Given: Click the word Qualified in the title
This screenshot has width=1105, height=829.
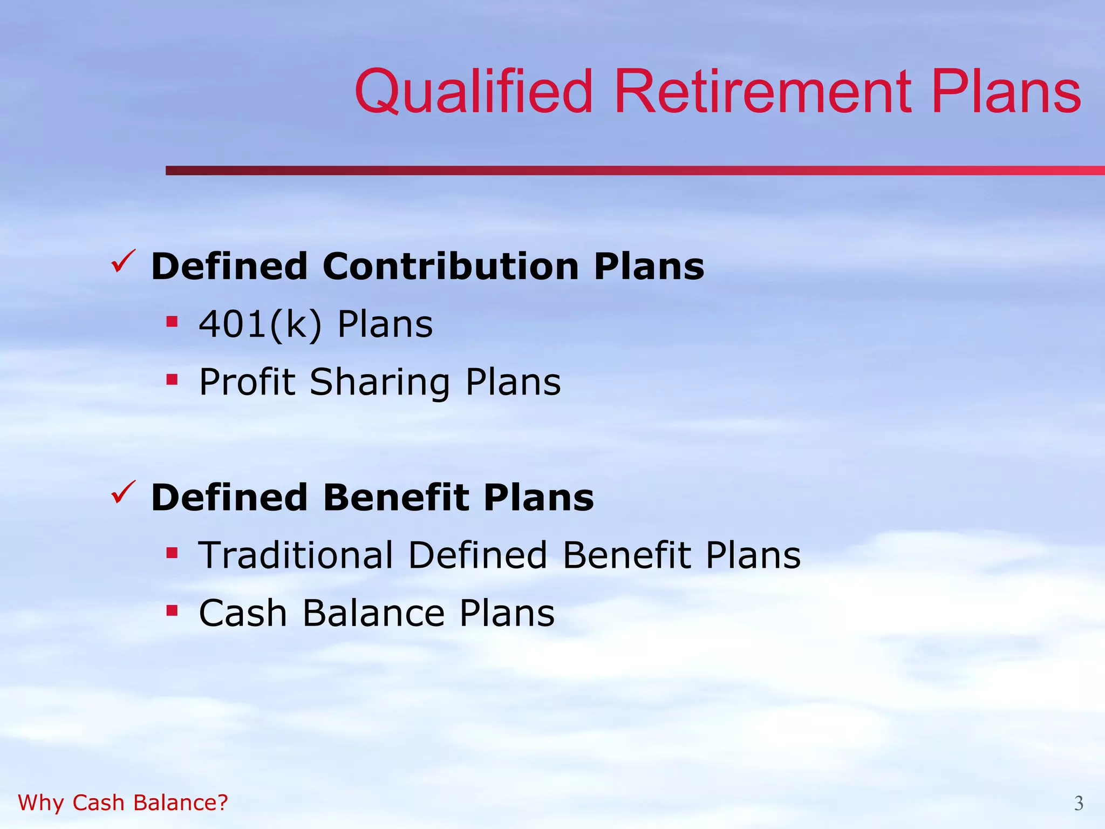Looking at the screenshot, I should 474,92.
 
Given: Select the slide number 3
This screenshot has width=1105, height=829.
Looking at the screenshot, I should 1078,803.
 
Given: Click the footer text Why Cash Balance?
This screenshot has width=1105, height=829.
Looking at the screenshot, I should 123,803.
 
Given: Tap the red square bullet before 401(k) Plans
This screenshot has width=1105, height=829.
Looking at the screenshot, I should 172,322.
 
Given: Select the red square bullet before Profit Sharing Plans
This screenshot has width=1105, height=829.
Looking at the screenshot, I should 172,380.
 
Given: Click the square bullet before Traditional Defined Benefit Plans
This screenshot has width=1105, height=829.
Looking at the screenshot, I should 172,553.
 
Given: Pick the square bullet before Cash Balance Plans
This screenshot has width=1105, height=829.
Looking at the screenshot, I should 172,611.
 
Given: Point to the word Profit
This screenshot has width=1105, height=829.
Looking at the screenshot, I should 247,382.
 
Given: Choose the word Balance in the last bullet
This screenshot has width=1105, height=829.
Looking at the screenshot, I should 373,613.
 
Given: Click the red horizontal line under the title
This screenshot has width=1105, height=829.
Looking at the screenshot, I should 635,171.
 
